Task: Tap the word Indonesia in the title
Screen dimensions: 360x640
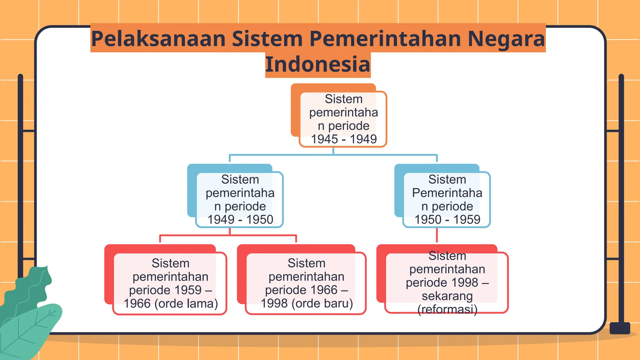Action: pos(318,64)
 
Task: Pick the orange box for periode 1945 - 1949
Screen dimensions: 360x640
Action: pos(343,119)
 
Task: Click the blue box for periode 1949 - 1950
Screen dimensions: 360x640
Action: pos(239,199)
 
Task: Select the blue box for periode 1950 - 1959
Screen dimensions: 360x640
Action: pos(447,199)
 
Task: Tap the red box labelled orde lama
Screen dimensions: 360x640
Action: pos(170,283)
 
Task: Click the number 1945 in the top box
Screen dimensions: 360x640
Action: pos(324,139)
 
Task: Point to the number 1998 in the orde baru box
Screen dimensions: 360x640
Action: pos(274,303)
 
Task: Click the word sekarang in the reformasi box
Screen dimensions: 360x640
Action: pos(447,296)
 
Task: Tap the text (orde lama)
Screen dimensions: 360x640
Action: pos(186,303)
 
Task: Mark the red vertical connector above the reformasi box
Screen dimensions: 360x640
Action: pos(437,236)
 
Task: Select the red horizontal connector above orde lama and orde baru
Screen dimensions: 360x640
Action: pos(228,235)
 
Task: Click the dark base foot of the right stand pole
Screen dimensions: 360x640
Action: pos(620,328)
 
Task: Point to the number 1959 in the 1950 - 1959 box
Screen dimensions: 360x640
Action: pos(467,220)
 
